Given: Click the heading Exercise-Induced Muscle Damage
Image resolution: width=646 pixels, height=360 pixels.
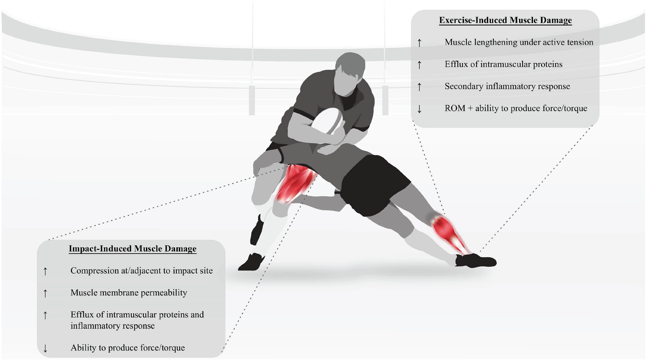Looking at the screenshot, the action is coord(505,20).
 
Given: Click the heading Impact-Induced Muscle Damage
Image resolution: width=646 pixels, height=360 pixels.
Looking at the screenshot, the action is coord(132,249).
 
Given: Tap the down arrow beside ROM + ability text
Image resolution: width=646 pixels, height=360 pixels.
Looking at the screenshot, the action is coord(419,109).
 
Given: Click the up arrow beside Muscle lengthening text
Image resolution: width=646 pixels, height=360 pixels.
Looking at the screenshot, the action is coord(419,43).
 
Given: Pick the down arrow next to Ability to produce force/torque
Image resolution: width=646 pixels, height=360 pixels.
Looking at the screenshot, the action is coord(45,348).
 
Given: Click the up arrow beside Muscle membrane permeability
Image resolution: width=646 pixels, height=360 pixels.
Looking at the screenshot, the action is coord(45,293).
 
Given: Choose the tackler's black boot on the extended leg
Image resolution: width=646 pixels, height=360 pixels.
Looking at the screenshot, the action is coord(476,261).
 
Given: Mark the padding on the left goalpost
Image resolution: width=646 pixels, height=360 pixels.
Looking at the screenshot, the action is coord(252,100).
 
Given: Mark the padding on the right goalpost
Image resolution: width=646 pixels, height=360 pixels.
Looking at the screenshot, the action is coord(385,100).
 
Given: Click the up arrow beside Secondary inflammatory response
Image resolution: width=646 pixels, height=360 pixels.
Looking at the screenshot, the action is coord(419,87).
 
